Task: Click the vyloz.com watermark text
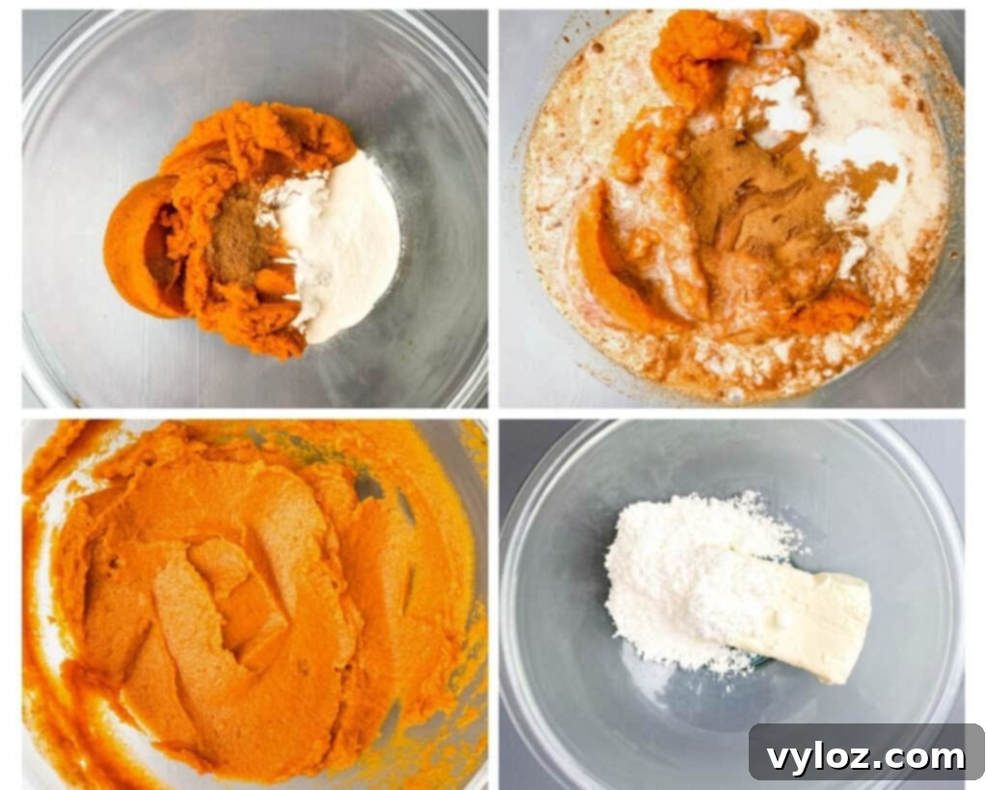pos(865,757)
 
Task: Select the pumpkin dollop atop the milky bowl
pos(700,48)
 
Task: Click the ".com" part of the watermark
pos(921,758)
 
